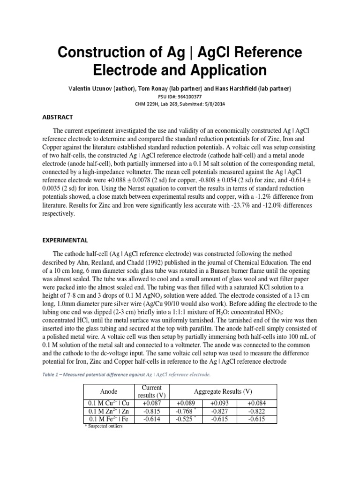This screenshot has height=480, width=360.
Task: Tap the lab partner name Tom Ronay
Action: [x=177, y=89]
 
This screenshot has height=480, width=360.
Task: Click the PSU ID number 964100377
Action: [x=190, y=97]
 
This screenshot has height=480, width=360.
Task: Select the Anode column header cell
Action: [x=109, y=391]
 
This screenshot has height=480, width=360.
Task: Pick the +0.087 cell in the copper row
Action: [x=152, y=403]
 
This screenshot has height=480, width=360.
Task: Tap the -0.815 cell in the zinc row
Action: [x=152, y=411]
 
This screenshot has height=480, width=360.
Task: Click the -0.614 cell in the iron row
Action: [x=152, y=419]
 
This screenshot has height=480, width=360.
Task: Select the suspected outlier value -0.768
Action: [x=185, y=411]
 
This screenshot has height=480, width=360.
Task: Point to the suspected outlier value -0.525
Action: [x=185, y=419]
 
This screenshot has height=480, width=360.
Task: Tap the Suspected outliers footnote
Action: [x=103, y=427]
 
